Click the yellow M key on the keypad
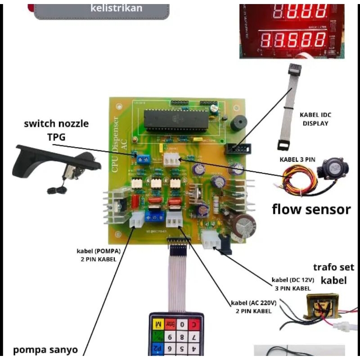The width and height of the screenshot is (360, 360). pyautogui.click(x=157, y=324)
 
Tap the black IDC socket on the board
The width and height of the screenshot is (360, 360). pyautogui.click(x=236, y=148)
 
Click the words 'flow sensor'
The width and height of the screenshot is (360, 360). pyautogui.click(x=311, y=209)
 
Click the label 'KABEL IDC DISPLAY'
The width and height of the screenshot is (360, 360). pyautogui.click(x=315, y=119)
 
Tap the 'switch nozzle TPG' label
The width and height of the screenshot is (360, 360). pyautogui.click(x=56, y=130)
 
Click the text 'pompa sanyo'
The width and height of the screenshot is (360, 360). pyautogui.click(x=45, y=350)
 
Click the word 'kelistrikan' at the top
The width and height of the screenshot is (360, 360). pyautogui.click(x=116, y=8)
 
